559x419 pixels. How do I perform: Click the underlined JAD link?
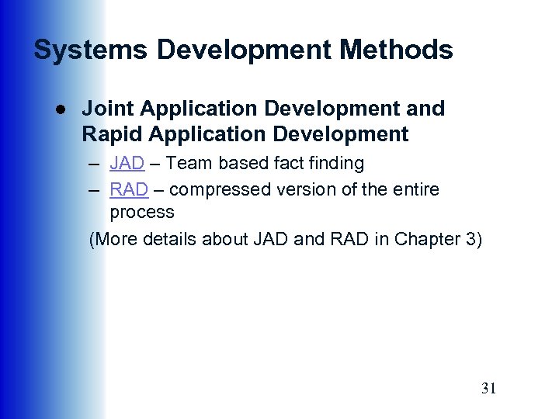coord(127,164)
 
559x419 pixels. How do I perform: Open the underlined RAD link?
coord(128,189)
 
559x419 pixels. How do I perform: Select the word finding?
coord(335,164)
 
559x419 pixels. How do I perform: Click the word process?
coord(142,212)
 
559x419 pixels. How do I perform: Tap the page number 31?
coord(488,389)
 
